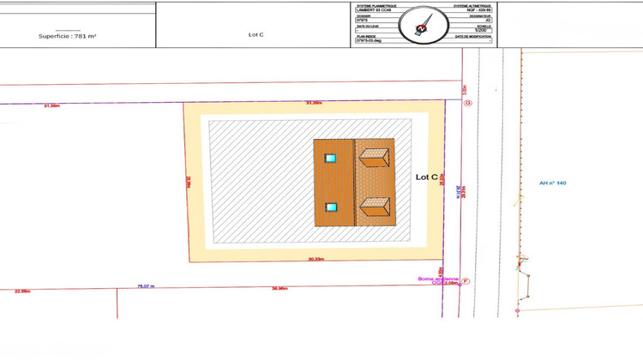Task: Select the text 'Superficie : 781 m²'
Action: pos(68,36)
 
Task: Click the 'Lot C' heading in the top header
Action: pos(255,35)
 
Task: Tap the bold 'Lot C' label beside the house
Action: pos(427,177)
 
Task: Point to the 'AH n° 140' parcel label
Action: pos(553,183)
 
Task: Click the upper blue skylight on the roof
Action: pos(330,158)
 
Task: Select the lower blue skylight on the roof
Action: pos(330,207)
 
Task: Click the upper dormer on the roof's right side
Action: pos(376,156)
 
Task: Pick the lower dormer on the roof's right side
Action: pos(376,206)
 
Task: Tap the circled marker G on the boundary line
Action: pos(467,103)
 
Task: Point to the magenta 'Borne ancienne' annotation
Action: pos(438,279)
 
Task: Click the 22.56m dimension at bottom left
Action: pos(22,291)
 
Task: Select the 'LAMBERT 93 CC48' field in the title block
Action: pos(373,9)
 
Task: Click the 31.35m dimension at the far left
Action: pos(51,105)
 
